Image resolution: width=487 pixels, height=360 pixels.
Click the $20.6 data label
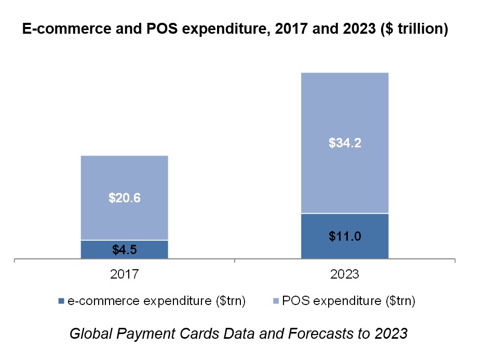(124, 198)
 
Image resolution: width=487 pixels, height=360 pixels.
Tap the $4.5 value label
(124, 250)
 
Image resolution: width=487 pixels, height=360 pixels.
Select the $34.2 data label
(345, 143)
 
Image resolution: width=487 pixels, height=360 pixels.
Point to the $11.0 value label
(345, 236)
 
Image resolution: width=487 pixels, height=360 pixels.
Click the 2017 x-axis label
(124, 274)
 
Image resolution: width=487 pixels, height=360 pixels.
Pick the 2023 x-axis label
(345, 274)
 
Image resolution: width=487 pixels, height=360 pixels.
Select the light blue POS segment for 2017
(124, 176)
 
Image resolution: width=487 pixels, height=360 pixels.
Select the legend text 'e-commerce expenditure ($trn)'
(156, 301)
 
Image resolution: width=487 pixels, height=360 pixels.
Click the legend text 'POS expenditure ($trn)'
(348, 301)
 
